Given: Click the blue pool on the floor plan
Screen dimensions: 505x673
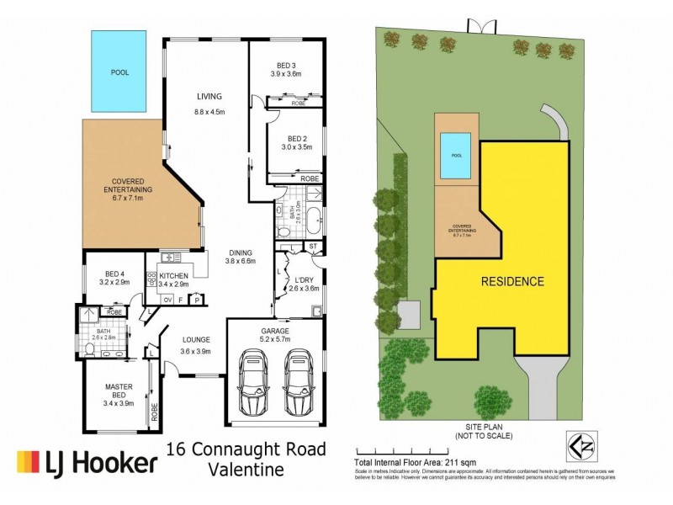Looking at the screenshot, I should pos(121,72).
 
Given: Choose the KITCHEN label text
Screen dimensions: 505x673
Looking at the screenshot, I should pos(172,275).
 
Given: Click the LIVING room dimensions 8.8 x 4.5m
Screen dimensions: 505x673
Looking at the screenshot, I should pos(209,112).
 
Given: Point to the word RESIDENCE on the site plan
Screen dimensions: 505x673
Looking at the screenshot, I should pos(512,281).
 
